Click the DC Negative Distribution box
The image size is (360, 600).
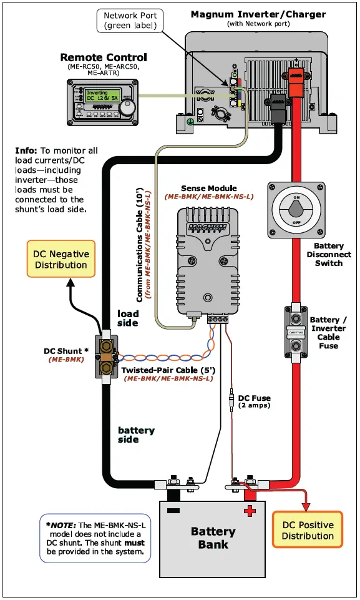point(61,259)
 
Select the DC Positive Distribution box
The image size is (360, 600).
point(308,530)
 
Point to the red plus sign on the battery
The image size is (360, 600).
point(250,511)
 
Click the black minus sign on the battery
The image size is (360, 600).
point(174,510)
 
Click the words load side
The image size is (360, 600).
point(128,318)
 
